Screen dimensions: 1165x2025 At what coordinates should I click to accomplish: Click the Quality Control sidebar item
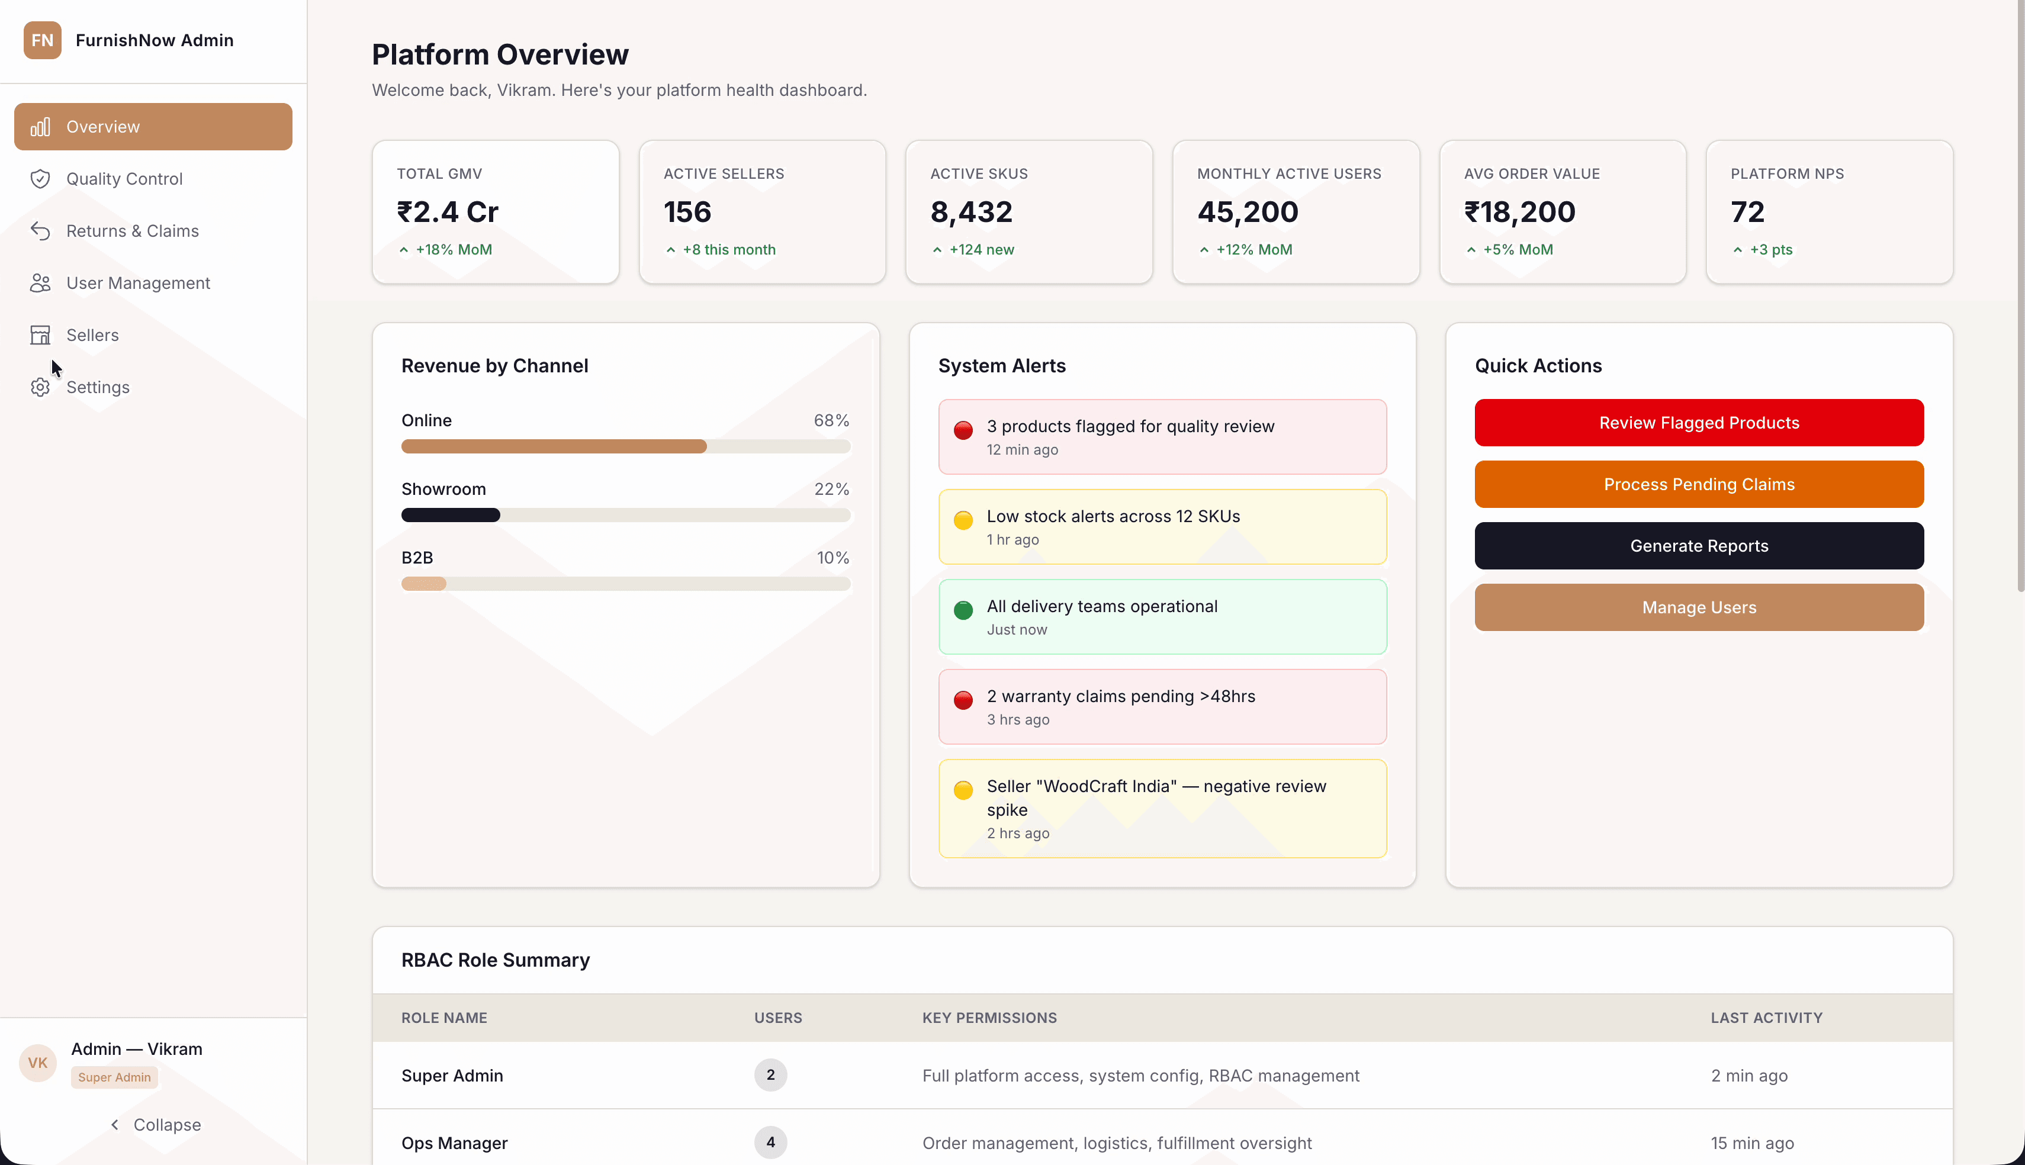tap(124, 178)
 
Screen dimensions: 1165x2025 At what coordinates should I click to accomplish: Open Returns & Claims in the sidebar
tap(132, 230)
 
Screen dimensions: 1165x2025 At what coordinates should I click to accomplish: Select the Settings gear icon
tap(40, 387)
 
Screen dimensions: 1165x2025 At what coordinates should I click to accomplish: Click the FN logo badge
tap(43, 40)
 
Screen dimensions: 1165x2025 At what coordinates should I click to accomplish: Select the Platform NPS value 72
tap(1747, 212)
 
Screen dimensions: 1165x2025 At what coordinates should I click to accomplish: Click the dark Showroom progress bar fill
tap(451, 515)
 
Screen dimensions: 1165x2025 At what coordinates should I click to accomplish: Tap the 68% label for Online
tap(831, 420)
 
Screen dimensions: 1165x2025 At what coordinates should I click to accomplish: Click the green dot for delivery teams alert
tap(963, 610)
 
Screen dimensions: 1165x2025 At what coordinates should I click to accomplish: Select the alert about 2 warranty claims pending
tap(1162, 707)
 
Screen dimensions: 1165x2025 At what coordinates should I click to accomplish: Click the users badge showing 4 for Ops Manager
tap(770, 1142)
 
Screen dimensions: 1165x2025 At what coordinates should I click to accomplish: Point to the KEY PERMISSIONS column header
tap(989, 1018)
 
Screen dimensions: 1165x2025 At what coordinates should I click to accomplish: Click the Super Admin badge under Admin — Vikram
tap(114, 1077)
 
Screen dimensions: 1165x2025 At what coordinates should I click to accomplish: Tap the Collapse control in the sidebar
tap(155, 1124)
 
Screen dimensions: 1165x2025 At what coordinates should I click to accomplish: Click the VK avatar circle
tap(38, 1063)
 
